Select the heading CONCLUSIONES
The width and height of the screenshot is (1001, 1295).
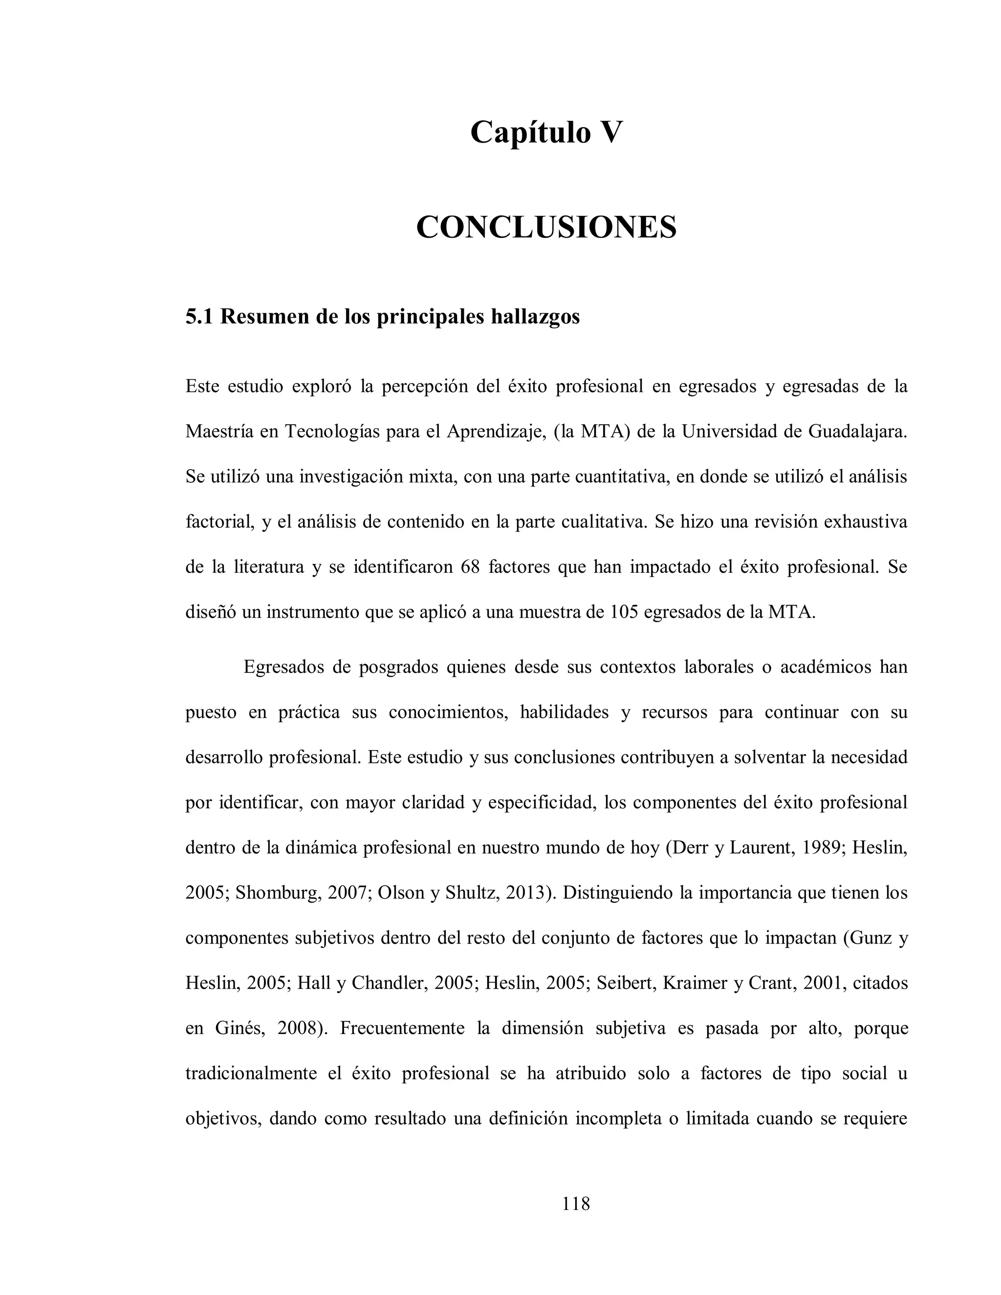tap(545, 227)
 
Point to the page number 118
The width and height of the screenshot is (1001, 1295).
tap(576, 1204)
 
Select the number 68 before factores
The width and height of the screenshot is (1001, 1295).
tap(469, 567)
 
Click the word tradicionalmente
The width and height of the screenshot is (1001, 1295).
tap(251, 1073)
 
